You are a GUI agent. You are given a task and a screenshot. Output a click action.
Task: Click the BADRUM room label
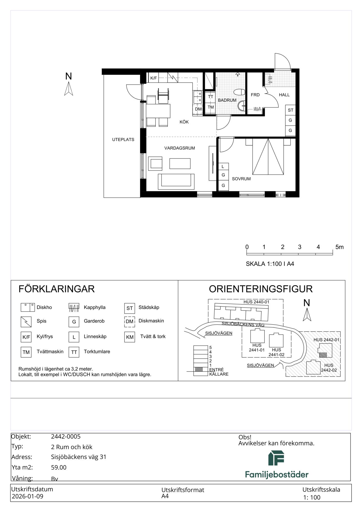[x=227, y=100]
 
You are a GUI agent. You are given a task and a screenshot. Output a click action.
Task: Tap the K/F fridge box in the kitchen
[x=153, y=78]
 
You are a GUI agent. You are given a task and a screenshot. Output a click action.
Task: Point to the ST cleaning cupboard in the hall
[x=291, y=110]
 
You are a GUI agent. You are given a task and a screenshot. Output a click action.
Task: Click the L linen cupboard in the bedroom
[x=223, y=166]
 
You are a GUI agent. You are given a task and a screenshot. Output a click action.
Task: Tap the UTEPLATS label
[x=123, y=140]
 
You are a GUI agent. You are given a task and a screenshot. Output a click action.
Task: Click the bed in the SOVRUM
[x=268, y=156]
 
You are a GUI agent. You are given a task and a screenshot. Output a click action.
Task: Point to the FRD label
[x=255, y=95]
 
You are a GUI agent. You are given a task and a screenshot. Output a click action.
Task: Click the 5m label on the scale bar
[x=339, y=247]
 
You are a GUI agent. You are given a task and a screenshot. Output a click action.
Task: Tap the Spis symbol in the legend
[x=26, y=322]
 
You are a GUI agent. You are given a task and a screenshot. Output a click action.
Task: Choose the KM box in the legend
[x=130, y=337]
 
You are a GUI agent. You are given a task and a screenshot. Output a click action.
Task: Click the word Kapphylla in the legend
[x=95, y=307]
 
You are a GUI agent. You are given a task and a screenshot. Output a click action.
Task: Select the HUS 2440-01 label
[x=256, y=302]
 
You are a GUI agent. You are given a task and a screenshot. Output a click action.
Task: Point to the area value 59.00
[x=59, y=467]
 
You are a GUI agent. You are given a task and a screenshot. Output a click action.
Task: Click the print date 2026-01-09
[x=28, y=496]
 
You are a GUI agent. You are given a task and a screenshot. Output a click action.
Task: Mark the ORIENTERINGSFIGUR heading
[x=261, y=289]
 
